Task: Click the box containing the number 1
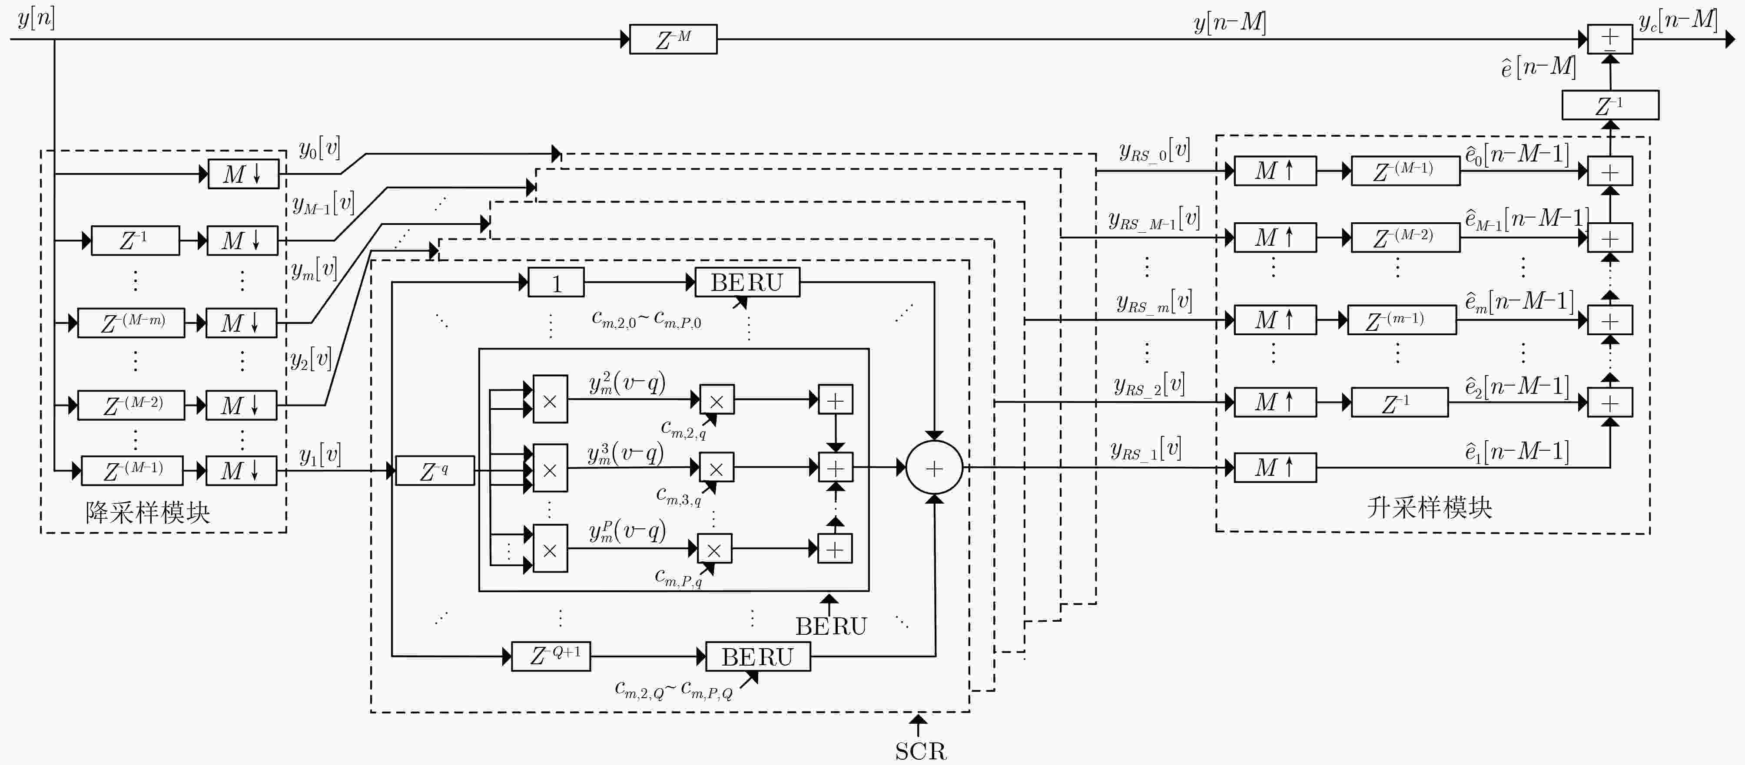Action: tap(556, 282)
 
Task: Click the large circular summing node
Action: tap(934, 468)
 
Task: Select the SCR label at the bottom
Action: tap(921, 751)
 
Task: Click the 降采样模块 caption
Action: tap(148, 512)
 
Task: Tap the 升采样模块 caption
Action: tap(1430, 507)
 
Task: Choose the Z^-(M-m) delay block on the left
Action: tap(131, 322)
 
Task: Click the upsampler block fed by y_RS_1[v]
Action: tap(1275, 468)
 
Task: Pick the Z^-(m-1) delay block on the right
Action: tap(1402, 320)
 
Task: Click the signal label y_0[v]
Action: tap(320, 148)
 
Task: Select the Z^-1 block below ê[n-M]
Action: tap(1610, 105)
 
